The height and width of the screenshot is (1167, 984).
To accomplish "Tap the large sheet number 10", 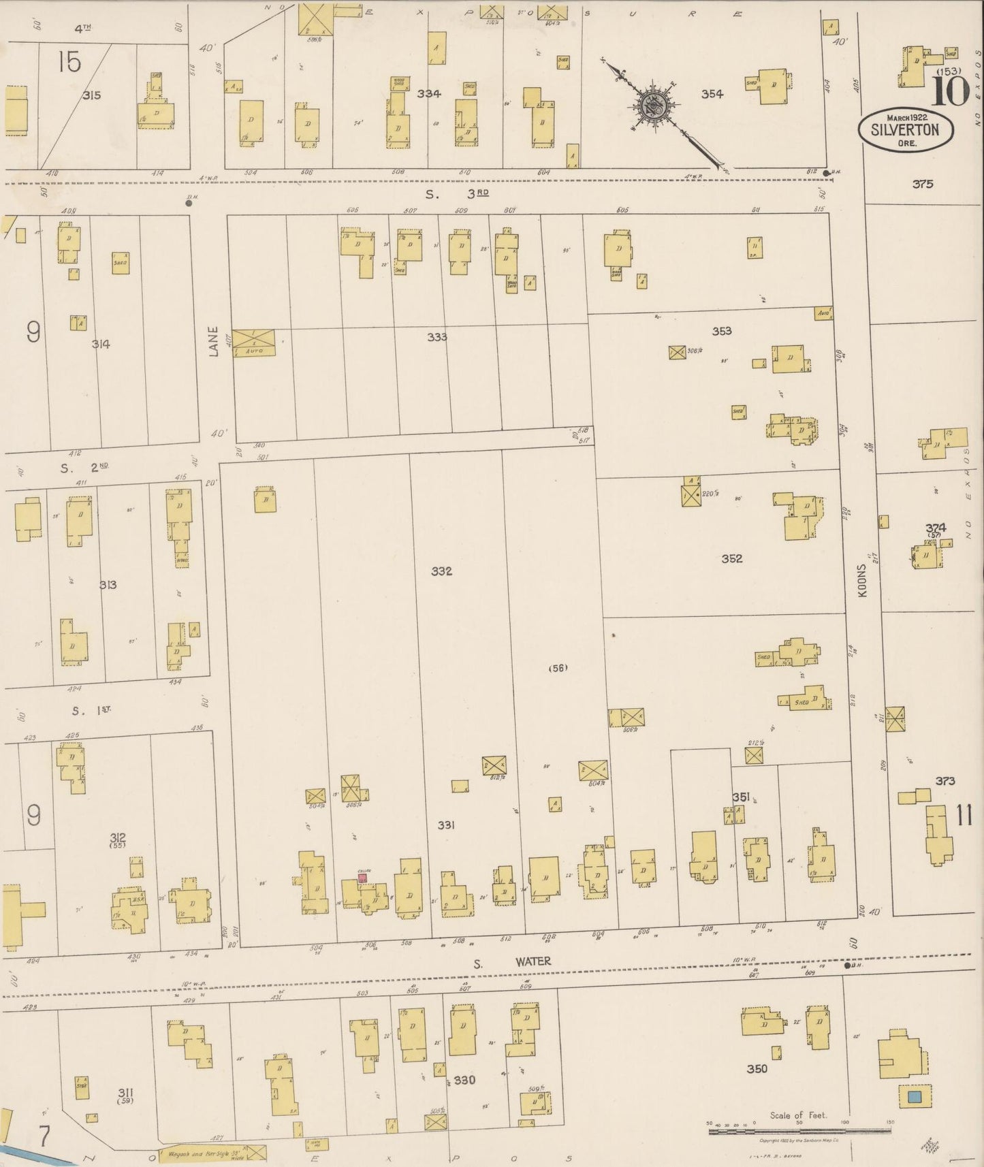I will click(950, 91).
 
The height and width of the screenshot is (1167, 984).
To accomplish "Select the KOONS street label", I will click(863, 580).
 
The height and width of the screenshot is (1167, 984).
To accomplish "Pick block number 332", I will click(441, 571).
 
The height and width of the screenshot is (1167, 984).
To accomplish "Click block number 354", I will click(712, 94).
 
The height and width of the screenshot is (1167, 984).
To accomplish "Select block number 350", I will click(756, 1068).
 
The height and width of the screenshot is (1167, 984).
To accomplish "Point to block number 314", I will click(101, 344).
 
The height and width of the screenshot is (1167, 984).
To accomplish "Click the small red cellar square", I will click(362, 878).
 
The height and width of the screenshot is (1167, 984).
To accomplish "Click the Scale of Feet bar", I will click(799, 1131).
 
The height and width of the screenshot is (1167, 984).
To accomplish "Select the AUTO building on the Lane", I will click(255, 342).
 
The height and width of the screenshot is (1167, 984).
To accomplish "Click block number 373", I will click(945, 781).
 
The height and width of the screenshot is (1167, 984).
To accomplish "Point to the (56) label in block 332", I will click(558, 668).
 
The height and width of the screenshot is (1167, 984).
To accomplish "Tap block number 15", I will click(69, 63).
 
